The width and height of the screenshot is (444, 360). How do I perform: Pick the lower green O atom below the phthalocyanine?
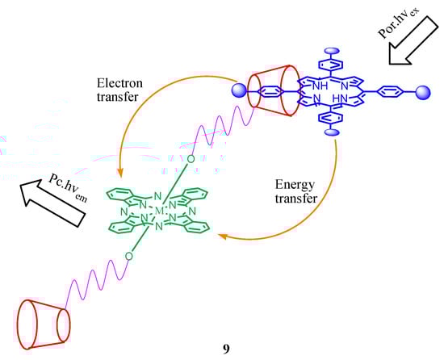[x=129, y=257]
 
